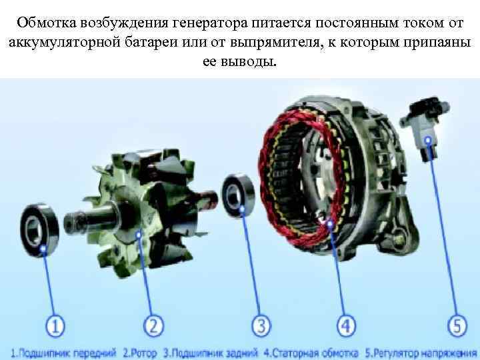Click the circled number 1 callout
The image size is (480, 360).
click(x=55, y=325)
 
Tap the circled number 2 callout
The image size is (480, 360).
click(x=154, y=325)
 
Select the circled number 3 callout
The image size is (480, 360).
click(x=261, y=325)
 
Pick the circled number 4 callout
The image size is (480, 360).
click(x=347, y=325)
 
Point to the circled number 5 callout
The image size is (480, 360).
click(x=457, y=325)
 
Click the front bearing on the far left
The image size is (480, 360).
click(x=39, y=230)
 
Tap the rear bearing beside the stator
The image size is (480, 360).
click(x=238, y=195)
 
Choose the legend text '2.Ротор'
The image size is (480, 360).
click(x=140, y=353)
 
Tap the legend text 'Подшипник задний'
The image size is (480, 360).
click(x=214, y=353)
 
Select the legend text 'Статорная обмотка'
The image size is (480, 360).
click(x=315, y=353)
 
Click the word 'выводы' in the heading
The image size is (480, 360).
click(x=249, y=61)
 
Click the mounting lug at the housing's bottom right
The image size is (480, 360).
click(x=398, y=239)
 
